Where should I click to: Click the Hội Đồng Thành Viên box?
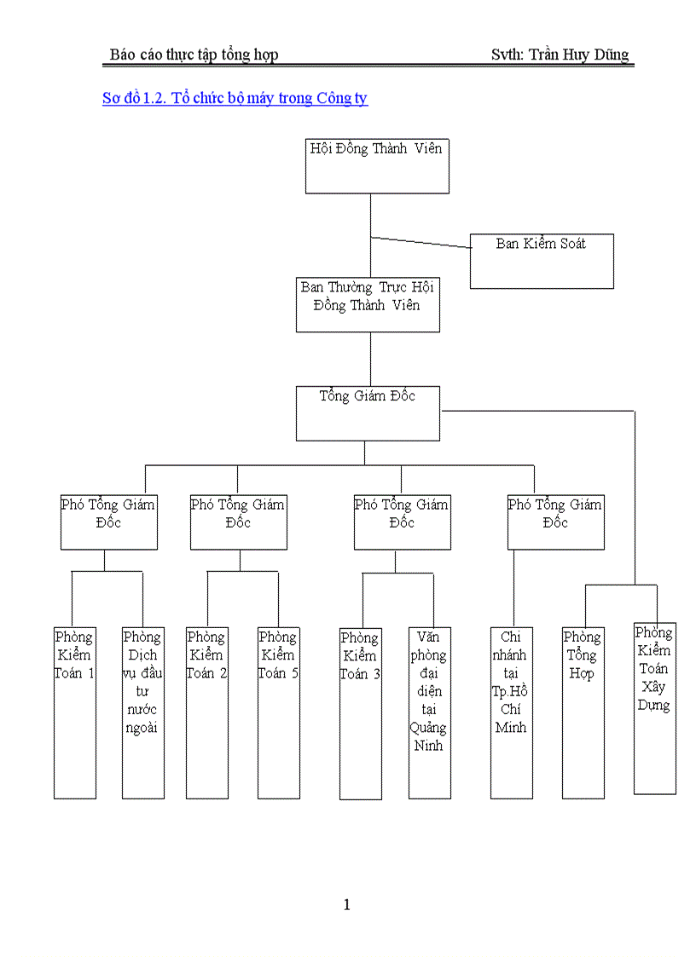(x=377, y=165)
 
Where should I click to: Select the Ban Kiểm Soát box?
(x=542, y=261)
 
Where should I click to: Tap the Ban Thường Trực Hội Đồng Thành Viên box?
(x=368, y=303)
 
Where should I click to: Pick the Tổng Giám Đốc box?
(x=368, y=413)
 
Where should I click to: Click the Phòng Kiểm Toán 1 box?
(x=75, y=712)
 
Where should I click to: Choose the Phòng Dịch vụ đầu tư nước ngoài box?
(x=143, y=712)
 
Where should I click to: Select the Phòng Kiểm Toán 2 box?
(x=207, y=712)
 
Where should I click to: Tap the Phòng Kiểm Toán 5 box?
(x=279, y=712)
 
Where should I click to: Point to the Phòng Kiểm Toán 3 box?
(x=361, y=713)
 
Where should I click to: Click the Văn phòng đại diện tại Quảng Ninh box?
(x=429, y=713)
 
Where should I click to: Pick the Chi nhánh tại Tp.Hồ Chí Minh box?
(x=512, y=712)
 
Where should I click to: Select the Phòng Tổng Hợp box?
(x=583, y=712)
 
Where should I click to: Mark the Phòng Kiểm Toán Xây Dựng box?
(x=655, y=708)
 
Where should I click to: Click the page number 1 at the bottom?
(x=346, y=905)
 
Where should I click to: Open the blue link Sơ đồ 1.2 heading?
(x=235, y=98)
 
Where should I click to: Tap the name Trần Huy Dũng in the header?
(x=578, y=55)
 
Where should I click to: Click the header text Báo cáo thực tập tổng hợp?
(x=194, y=55)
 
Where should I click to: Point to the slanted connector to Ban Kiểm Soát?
(x=420, y=242)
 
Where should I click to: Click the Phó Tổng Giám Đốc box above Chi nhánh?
(x=555, y=522)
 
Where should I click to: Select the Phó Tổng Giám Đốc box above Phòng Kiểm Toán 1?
(x=108, y=522)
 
